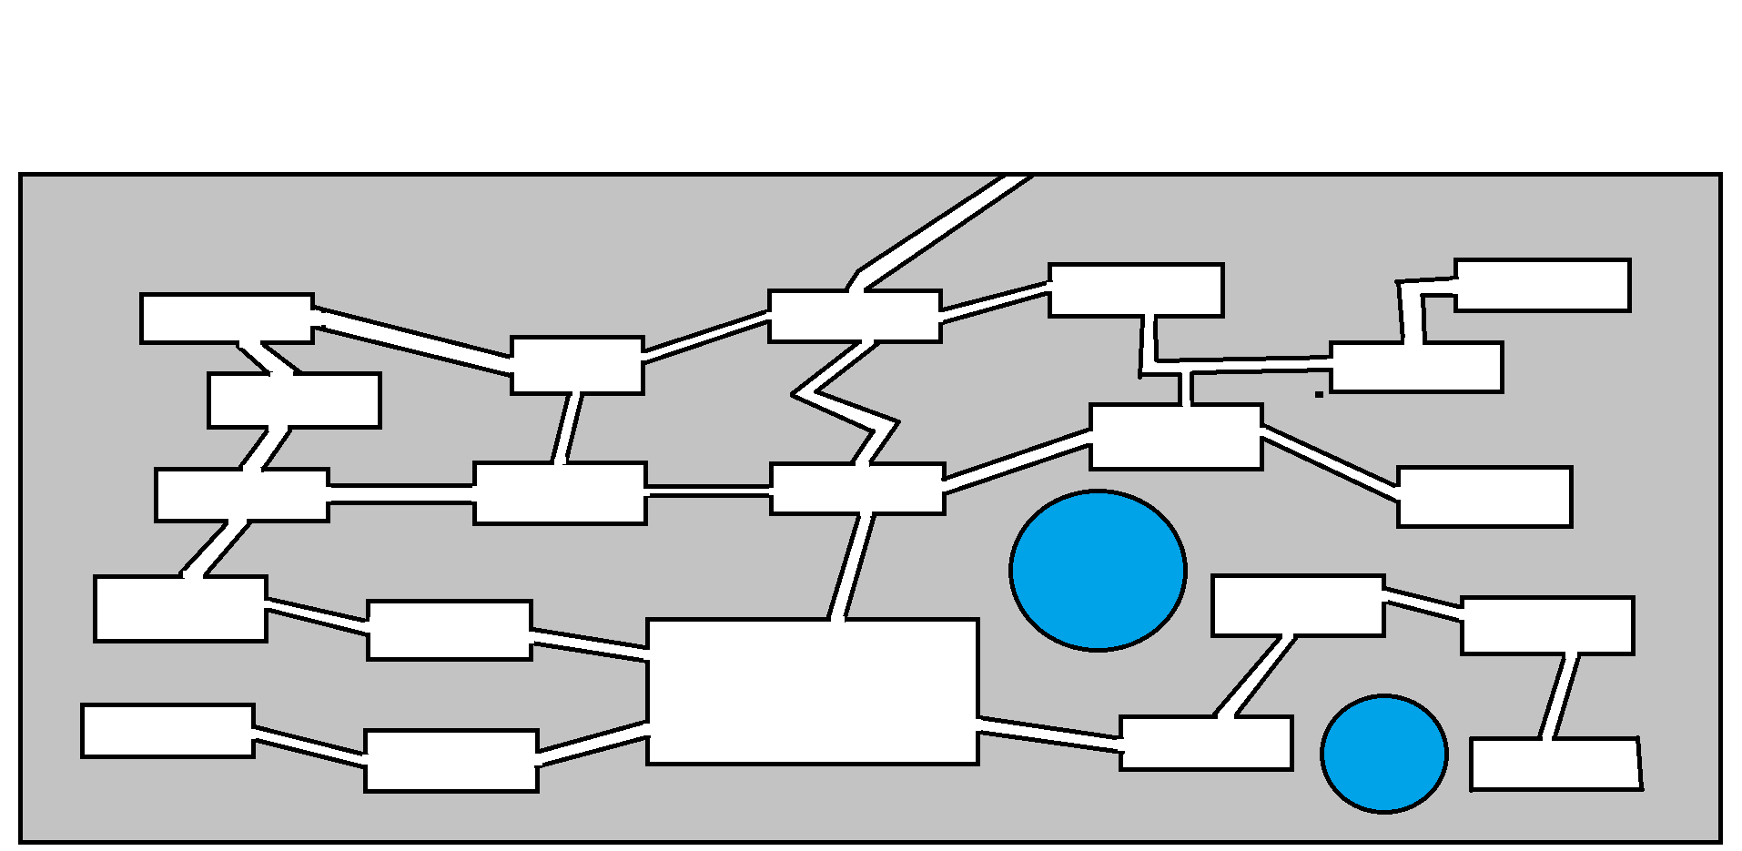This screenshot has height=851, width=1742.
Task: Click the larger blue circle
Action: tap(1098, 571)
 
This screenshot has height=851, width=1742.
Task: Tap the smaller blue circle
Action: tap(1383, 754)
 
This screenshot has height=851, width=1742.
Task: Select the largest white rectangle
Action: tap(812, 692)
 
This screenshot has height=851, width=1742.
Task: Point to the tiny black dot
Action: tap(1319, 395)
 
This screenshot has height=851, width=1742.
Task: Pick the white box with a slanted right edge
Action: tap(1556, 765)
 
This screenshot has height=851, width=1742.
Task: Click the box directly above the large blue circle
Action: tap(1176, 437)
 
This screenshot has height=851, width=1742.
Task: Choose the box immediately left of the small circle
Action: tap(1206, 744)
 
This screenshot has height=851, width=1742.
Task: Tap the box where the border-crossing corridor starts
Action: tap(854, 317)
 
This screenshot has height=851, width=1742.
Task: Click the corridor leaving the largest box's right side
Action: tap(1048, 734)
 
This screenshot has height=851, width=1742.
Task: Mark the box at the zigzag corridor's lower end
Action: tap(856, 489)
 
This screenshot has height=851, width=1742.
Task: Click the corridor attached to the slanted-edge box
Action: tap(1558, 696)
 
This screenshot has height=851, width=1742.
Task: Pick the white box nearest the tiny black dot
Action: tap(1416, 368)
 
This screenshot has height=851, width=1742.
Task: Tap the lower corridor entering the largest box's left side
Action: tap(592, 745)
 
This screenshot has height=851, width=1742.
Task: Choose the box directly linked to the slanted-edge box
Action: tap(1547, 625)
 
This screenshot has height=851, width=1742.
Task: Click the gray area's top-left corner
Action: tap(21, 175)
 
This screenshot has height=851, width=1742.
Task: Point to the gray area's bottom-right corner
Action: tap(1719, 840)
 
